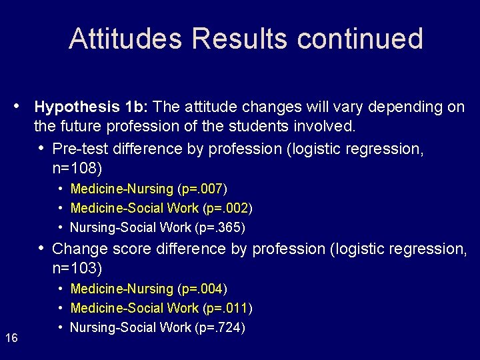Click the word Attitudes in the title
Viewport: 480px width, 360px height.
125,39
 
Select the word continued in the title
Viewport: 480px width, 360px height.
360,39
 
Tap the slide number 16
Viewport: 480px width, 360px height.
11,339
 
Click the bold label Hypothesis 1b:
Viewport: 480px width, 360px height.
93,107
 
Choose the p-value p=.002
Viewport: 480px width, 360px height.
227,208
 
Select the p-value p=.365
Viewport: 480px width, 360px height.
221,227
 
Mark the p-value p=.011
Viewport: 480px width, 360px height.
227,308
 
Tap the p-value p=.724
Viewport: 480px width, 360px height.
221,327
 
